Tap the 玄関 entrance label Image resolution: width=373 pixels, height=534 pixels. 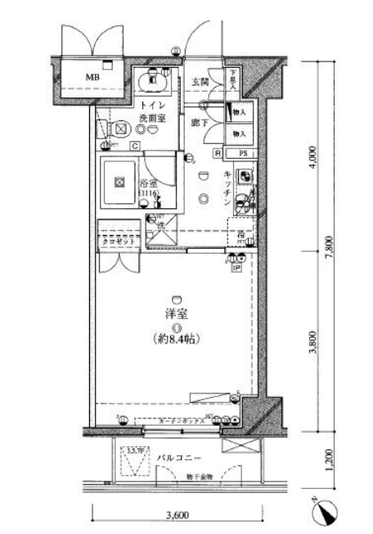click(x=200, y=82)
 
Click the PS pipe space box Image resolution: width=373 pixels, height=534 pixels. click(x=243, y=153)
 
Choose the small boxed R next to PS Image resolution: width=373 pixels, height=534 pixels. click(x=218, y=153)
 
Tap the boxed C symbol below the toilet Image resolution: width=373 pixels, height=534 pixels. click(x=134, y=146)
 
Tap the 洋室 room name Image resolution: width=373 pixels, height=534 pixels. click(x=175, y=315)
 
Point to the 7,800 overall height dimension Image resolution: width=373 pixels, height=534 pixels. click(x=329, y=245)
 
